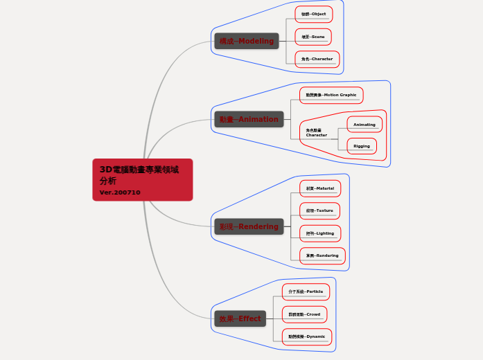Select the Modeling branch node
click(247, 42)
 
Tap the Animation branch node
click(249, 119)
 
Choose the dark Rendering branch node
click(249, 226)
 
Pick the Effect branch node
click(240, 318)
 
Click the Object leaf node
click(313, 14)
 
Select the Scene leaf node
click(313, 37)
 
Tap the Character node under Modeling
click(317, 59)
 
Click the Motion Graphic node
click(331, 95)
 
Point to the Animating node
click(364, 125)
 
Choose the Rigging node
click(362, 146)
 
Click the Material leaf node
click(319, 188)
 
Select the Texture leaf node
click(319, 210)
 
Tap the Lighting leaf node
click(320, 233)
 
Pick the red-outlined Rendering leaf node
click(322, 255)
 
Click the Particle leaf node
click(306, 291)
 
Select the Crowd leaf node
click(304, 314)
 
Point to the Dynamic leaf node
click(306, 336)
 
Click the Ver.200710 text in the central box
click(120, 192)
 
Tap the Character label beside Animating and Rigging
click(317, 132)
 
